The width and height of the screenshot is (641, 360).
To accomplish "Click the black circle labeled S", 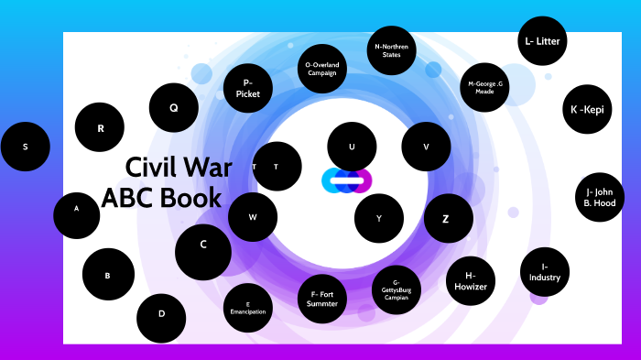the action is [25, 147].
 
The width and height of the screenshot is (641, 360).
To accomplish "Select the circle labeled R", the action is [100, 128].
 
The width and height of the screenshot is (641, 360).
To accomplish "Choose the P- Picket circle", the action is [248, 88].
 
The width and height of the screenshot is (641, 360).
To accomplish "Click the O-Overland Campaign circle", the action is [322, 69].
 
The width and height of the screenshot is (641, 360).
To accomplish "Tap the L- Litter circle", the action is [542, 41].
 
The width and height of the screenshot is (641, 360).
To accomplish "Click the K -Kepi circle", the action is [587, 110].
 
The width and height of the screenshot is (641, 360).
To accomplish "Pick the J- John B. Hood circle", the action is [600, 198].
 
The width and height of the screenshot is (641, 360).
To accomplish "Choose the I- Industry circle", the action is [545, 272].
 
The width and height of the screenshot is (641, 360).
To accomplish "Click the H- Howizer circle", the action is [471, 280].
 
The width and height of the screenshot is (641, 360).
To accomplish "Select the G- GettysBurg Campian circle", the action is [397, 289].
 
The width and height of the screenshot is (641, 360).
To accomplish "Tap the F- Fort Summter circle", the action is [322, 300].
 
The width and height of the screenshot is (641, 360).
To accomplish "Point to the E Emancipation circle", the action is [248, 308].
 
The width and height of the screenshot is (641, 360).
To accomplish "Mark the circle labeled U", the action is [352, 147].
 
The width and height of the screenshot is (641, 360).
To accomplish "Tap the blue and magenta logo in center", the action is [347, 180].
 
